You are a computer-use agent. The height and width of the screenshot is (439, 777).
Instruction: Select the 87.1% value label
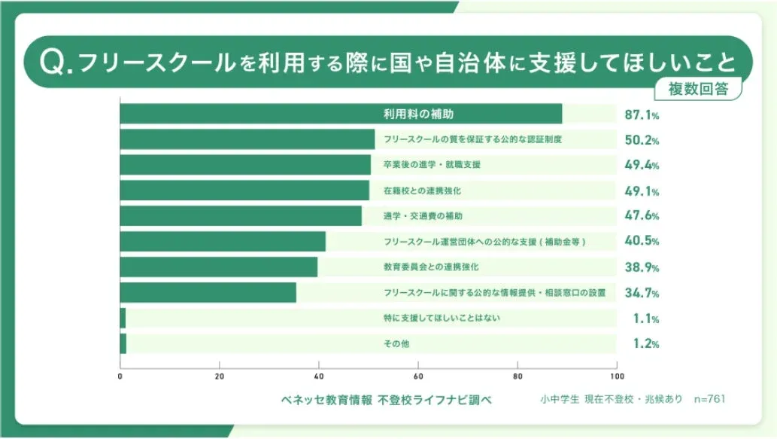pos(642,115)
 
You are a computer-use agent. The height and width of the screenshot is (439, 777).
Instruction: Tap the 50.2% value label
pos(642,140)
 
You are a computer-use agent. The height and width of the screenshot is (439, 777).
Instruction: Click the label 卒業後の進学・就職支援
pos(432,165)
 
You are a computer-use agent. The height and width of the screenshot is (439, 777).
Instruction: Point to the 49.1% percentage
pos(642,191)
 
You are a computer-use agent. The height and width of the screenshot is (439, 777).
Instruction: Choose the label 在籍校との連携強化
pos(422,191)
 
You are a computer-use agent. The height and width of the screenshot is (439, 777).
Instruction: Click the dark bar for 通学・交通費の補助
pos(241,216)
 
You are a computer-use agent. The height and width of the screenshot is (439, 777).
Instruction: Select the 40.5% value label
pos(642,242)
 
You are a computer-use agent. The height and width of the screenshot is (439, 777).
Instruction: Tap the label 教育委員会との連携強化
pos(431,267)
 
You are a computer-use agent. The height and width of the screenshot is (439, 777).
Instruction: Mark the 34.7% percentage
pos(642,293)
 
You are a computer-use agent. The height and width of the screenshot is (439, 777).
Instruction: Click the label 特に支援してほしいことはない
pos(442,318)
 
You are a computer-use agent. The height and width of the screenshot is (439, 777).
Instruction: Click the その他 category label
pos(396,344)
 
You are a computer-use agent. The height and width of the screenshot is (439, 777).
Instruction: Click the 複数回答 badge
pos(699,88)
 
